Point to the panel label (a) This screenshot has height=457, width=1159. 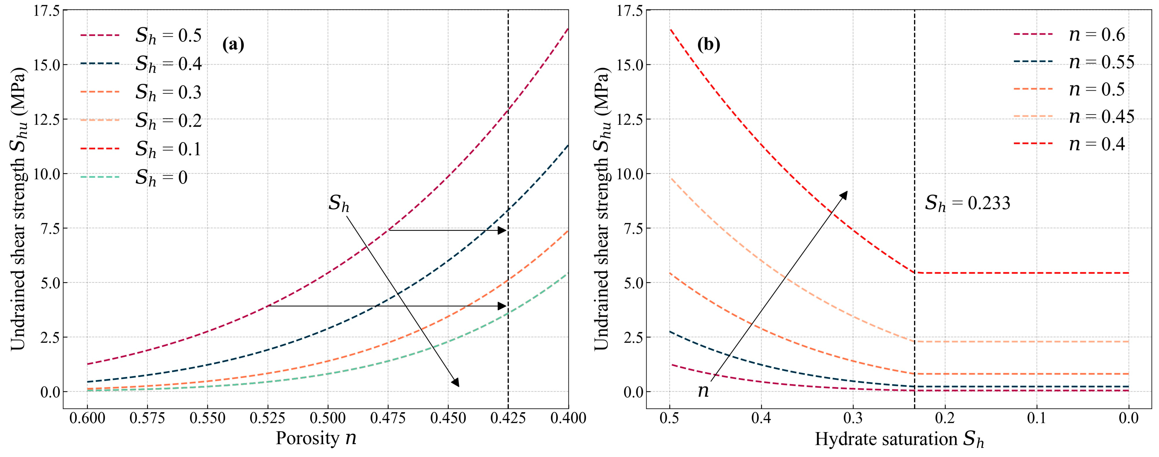pyautogui.click(x=233, y=45)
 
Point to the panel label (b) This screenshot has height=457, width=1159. pyautogui.click(x=709, y=45)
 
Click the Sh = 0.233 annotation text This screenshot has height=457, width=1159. pyautogui.click(x=967, y=204)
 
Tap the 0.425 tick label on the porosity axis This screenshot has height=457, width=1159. pyautogui.click(x=508, y=418)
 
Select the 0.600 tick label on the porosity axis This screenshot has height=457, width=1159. pyautogui.click(x=87, y=418)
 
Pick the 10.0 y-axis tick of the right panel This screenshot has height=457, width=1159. pyautogui.click(x=630, y=174)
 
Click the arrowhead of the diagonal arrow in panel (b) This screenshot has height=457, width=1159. pyautogui.click(x=844, y=195)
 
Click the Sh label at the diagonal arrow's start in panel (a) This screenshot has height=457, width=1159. pyautogui.click(x=338, y=204)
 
